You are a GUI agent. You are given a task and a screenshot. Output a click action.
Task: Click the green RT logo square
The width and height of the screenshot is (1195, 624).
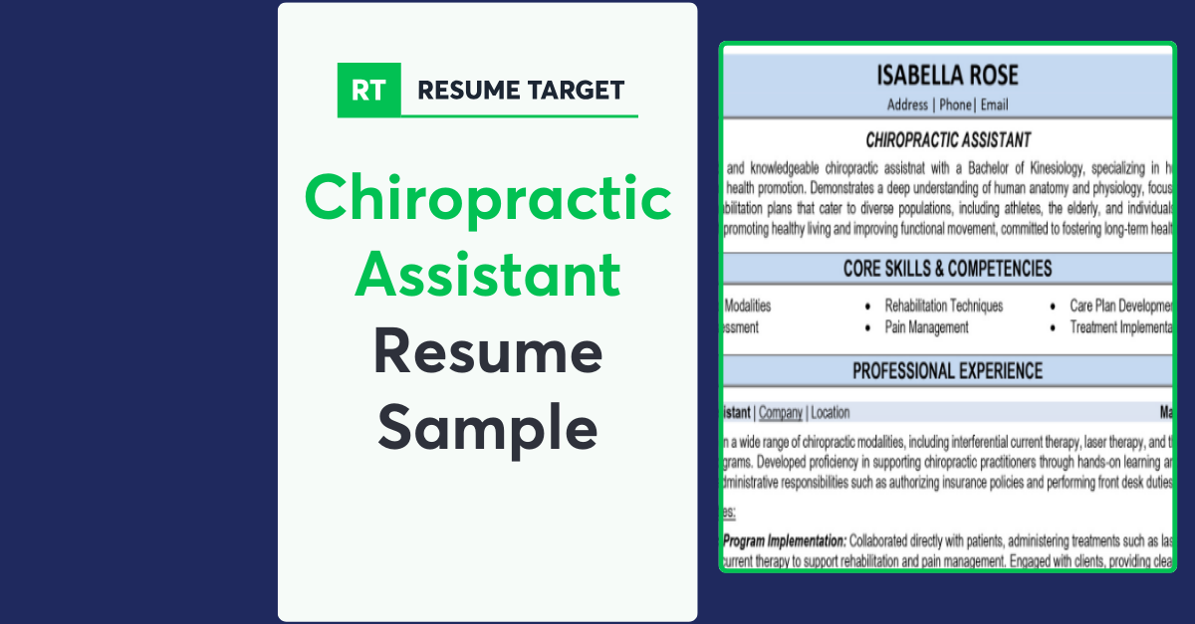[368, 90]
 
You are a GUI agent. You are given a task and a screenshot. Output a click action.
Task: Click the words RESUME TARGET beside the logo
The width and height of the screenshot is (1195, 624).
[521, 90]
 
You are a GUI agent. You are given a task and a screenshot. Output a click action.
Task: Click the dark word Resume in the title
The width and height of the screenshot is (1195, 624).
[488, 352]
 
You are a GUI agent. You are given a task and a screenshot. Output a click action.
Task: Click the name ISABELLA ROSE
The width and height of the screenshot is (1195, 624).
[947, 76]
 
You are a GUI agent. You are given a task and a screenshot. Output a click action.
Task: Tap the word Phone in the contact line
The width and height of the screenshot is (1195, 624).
[955, 104]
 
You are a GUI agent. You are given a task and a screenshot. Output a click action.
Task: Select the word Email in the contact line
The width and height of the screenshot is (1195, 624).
[994, 104]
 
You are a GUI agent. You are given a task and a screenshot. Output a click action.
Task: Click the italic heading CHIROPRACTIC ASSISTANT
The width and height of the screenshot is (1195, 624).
[948, 140]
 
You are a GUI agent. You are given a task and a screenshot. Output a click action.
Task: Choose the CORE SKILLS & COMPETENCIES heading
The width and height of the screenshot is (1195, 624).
[947, 269]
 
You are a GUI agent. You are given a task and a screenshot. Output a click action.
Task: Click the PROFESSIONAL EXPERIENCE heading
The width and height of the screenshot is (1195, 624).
[947, 371]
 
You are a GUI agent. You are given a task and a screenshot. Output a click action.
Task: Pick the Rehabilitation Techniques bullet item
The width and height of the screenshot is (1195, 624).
[944, 306]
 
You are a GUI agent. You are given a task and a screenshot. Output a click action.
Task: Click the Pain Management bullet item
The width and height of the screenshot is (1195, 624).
[926, 326]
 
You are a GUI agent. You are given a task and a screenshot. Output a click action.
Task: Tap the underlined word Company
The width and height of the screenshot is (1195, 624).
[781, 412]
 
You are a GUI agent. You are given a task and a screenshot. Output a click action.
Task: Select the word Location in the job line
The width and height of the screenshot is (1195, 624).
[831, 412]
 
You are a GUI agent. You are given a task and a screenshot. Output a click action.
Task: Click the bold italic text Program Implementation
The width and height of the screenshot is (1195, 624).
[785, 541]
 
